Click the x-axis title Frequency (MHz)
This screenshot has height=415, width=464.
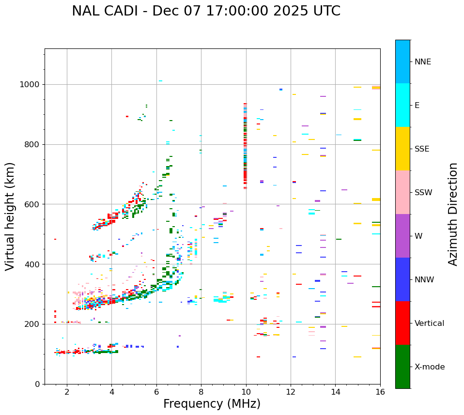pos(212,404)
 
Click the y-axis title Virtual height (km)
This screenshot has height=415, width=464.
pos(10,216)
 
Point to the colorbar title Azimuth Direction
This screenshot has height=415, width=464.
pos(453,214)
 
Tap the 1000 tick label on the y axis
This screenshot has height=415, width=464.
pos(30,85)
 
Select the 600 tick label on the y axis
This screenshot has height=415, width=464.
pos(32,204)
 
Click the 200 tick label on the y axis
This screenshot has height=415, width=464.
pos(32,324)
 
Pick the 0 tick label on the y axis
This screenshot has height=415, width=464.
pos(37,384)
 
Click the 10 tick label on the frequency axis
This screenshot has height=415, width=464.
pos(246,392)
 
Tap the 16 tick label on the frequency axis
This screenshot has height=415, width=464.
pos(380,392)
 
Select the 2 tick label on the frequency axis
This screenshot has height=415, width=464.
pos(67,392)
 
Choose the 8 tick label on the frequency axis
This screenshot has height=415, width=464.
pos(201,392)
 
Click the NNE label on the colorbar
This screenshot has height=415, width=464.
pos(422,62)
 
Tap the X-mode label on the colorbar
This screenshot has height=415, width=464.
pos(429,367)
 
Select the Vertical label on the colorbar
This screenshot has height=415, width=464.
pos(429,323)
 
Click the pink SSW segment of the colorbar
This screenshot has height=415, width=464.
pos(402,192)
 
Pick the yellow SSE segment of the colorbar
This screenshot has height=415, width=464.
pos(402,149)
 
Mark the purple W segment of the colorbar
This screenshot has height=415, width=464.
pos(402,236)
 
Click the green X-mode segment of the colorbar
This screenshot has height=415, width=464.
pos(402,367)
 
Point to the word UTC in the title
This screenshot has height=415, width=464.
pos(326,11)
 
